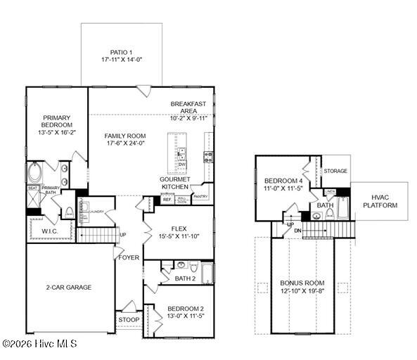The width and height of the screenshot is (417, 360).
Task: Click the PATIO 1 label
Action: tap(122, 52)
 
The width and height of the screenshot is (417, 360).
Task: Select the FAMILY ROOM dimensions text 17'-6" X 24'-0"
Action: tap(125, 143)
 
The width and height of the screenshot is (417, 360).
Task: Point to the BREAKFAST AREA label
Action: tap(188, 108)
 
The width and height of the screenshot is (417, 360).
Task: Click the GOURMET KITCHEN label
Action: tap(174, 183)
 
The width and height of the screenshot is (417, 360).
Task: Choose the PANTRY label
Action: tap(200, 197)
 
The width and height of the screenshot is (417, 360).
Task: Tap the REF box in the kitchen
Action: tap(167, 200)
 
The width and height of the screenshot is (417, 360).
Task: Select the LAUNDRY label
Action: tap(96, 211)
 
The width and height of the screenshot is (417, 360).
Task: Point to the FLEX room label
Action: tap(179, 229)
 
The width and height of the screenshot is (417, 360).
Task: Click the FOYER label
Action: tap(129, 257)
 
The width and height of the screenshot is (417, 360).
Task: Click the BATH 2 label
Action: tap(185, 279)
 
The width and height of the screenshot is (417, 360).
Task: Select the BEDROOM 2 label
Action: tap(186, 308)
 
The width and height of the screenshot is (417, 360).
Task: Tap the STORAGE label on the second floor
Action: tap(335, 171)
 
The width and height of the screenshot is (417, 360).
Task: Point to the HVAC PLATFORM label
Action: tap(380, 201)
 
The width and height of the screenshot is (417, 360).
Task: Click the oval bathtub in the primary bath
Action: tap(34, 173)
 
